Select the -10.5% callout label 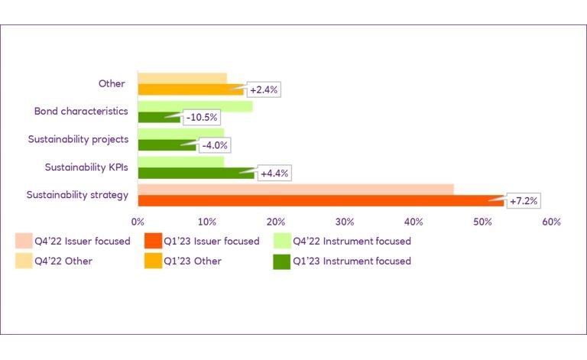point(202,118)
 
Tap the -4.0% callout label point(214,145)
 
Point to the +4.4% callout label point(275,174)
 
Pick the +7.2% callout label point(524,201)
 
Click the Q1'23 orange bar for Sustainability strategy point(321,201)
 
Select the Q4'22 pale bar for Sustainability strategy point(296,189)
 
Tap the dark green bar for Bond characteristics point(159,118)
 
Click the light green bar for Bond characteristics point(195,106)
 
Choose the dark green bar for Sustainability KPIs point(196,174)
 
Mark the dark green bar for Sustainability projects point(167,145)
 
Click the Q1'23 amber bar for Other point(191,90)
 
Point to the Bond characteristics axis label point(80,112)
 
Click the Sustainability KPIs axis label point(86,167)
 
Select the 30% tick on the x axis point(345,222)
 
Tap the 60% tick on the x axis point(551,222)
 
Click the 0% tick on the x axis point(138,222)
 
